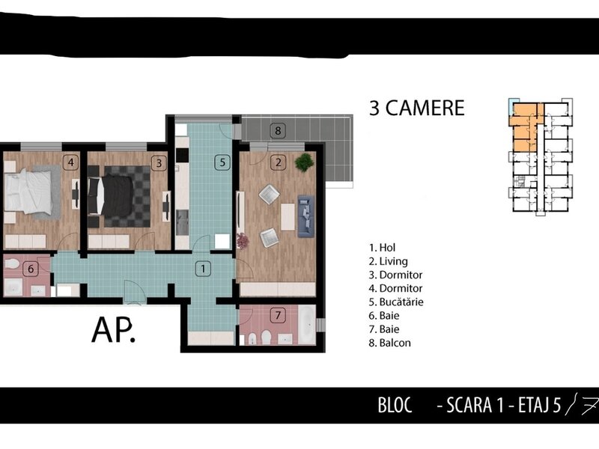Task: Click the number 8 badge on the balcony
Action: click(x=278, y=131)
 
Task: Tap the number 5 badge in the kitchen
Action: click(x=222, y=162)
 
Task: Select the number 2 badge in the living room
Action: click(x=278, y=162)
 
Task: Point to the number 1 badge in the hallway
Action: click(x=203, y=269)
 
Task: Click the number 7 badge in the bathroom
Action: click(x=278, y=315)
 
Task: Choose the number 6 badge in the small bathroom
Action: click(x=31, y=269)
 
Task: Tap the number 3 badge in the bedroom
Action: click(x=159, y=163)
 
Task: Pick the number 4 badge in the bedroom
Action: click(x=70, y=162)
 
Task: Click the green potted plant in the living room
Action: click(x=305, y=162)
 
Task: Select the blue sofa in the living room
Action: click(x=306, y=216)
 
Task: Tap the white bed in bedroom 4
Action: click(x=28, y=192)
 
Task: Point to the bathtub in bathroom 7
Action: click(x=307, y=325)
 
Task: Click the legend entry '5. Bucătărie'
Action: click(x=396, y=302)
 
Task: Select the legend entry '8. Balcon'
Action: click(x=390, y=343)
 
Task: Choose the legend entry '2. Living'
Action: click(x=389, y=261)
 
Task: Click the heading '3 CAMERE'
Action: click(x=417, y=108)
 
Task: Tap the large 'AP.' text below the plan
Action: click(x=114, y=330)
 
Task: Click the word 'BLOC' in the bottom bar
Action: click(x=395, y=405)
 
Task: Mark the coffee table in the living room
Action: click(x=288, y=216)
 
